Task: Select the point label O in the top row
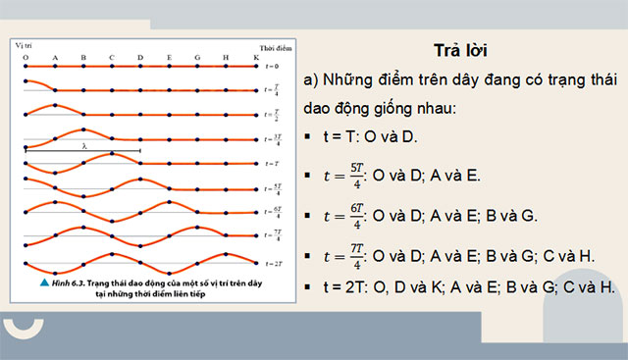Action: point(25,57)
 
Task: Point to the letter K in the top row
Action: point(256,57)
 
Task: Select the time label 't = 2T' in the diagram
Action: point(274,263)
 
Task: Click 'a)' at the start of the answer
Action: point(314,78)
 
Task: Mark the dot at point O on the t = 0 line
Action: point(25,67)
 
